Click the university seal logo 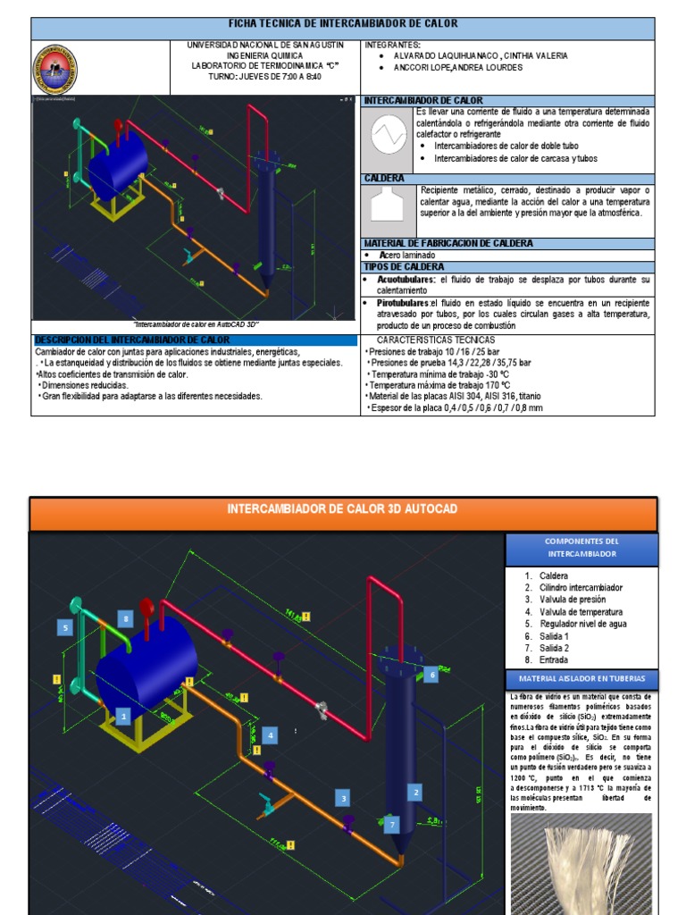pyautogui.click(x=54, y=70)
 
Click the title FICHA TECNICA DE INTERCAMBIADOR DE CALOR pyautogui.click(x=343, y=24)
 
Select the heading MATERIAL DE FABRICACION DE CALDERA pyautogui.click(x=448, y=243)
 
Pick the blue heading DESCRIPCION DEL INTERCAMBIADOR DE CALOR pyautogui.click(x=131, y=340)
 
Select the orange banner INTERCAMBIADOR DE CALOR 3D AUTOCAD pyautogui.click(x=343, y=509)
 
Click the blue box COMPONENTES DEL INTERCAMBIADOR pyautogui.click(x=581, y=548)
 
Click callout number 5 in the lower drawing pyautogui.click(x=65, y=627)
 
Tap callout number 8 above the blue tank pyautogui.click(x=127, y=618)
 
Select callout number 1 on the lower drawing pyautogui.click(x=123, y=715)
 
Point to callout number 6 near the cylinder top pyautogui.click(x=432, y=676)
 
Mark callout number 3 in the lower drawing pyautogui.click(x=342, y=798)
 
